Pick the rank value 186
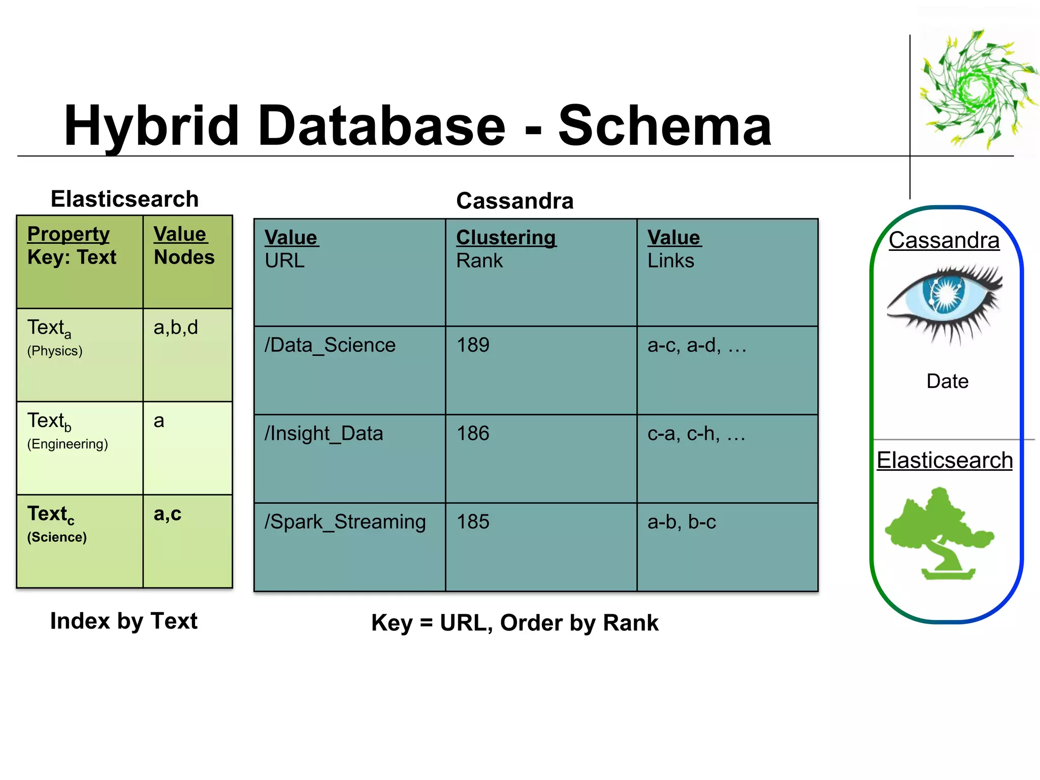pos(473,434)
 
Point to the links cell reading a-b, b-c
pos(681,522)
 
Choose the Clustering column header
pos(506,238)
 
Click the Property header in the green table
pos(68,234)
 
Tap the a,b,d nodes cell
pos(176,328)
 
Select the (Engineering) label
pos(68,444)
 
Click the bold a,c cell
pos(168,514)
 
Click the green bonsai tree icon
pos(939,533)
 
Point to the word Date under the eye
pos(947,381)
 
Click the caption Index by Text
pos(124,621)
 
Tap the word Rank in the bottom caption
pos(630,623)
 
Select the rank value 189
pos(473,345)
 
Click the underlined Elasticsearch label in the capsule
pos(945,461)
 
